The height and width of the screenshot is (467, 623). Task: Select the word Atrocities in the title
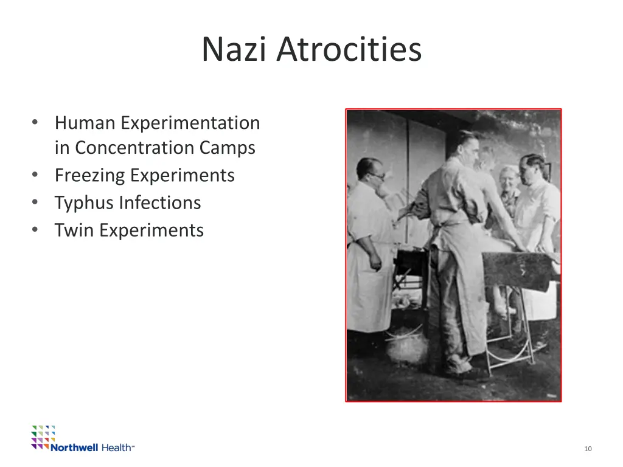point(349,49)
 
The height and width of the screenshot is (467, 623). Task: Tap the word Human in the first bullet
point(85,123)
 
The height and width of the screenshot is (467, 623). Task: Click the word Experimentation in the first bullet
point(190,123)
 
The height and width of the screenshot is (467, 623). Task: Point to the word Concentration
point(136,148)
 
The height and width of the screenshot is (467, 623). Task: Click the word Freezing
point(89,175)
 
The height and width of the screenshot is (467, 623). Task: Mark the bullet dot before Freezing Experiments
point(36,176)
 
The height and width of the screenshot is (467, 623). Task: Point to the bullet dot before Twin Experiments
point(36,230)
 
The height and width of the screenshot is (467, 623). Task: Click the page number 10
point(588,449)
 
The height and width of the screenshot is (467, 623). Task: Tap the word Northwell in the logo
point(74,448)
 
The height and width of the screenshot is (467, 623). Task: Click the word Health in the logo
point(116,448)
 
